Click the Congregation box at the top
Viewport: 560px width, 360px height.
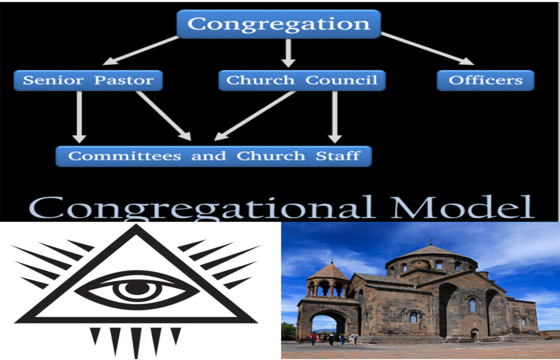279,24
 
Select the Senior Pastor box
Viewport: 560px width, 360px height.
88,80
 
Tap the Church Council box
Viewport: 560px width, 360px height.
302,80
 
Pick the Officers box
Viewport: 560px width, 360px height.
485,80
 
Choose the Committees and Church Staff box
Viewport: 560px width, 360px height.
213,156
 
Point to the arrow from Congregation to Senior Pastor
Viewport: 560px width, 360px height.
142,50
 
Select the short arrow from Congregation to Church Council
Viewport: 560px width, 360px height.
288,53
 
